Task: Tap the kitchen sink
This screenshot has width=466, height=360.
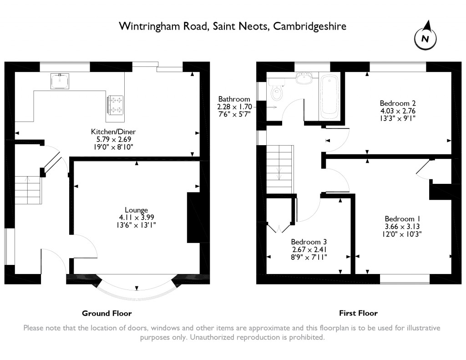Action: click(x=60, y=81)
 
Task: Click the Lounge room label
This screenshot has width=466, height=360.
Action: click(x=137, y=210)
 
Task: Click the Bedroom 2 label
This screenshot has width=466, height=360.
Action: click(x=398, y=103)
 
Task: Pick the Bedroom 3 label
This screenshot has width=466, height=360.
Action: click(x=309, y=242)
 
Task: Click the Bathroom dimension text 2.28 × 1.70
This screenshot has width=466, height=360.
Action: click(x=233, y=107)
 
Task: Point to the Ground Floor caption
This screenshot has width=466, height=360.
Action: click(x=106, y=313)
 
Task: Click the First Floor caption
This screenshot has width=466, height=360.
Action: click(x=358, y=313)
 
